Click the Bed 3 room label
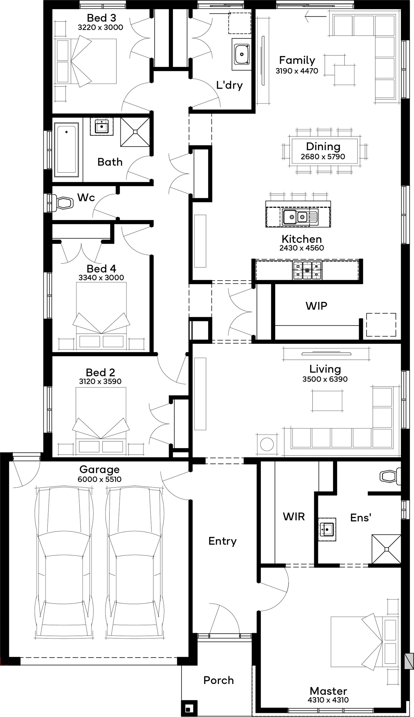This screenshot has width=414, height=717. pos(101,18)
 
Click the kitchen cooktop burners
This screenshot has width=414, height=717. pos(307,270)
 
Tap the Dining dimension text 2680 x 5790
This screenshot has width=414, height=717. pos(323,157)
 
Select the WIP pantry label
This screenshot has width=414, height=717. pos(316,306)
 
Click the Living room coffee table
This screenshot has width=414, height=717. pos(327,401)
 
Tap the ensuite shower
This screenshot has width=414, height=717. pos(386,549)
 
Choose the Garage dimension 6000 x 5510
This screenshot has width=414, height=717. pos(100,479)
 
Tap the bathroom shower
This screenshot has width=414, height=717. pos(135,132)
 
